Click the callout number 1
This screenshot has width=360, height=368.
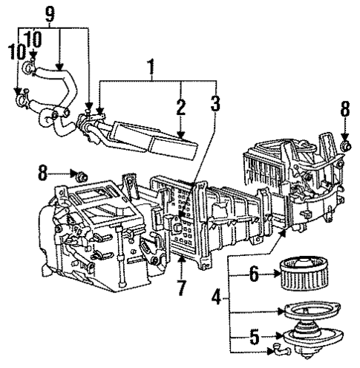[151, 70]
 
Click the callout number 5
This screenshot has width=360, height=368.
[254, 338]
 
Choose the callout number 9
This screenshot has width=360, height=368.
[50, 13]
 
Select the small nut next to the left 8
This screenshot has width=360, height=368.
[82, 176]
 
